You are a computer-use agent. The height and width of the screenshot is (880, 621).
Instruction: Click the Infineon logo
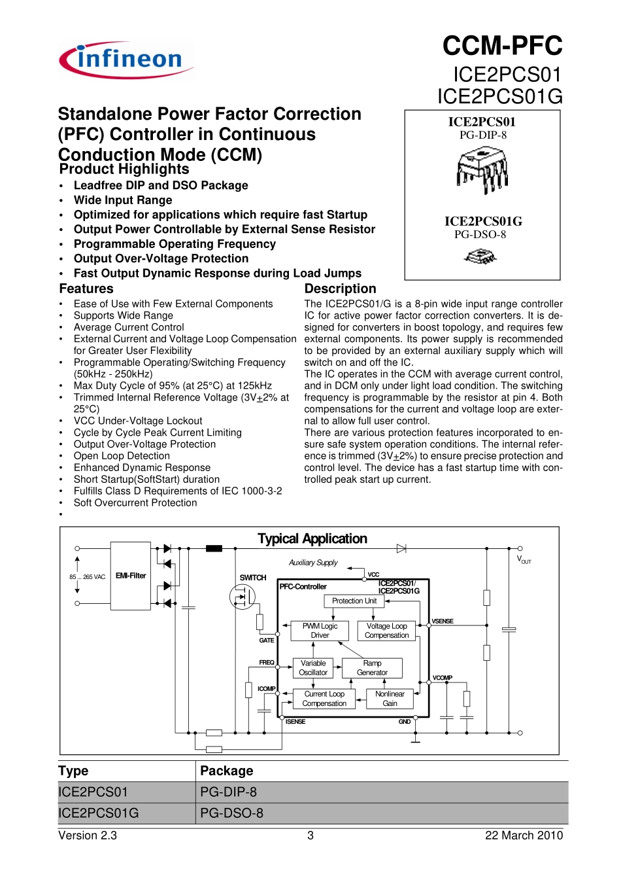click(x=126, y=60)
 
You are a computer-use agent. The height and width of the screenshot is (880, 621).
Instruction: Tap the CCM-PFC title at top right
click(x=502, y=46)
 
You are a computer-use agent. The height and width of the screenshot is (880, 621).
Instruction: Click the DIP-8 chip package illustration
click(x=482, y=169)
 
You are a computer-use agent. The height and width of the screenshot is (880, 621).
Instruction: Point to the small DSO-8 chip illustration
click(x=480, y=256)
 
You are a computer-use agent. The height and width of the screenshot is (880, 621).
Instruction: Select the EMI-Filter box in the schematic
click(x=131, y=576)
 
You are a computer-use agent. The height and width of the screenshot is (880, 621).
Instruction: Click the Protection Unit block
click(x=354, y=601)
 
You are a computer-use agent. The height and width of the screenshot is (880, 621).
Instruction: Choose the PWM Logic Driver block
click(x=320, y=631)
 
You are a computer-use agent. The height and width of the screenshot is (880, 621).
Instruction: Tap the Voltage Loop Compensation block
click(x=386, y=631)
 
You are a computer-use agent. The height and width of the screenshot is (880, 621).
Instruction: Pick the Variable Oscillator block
click(x=313, y=668)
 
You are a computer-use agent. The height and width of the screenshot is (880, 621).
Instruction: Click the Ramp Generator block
click(x=372, y=668)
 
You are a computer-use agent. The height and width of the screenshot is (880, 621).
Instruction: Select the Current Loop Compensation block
click(x=324, y=699)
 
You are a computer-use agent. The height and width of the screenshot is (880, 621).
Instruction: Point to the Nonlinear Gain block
click(x=390, y=699)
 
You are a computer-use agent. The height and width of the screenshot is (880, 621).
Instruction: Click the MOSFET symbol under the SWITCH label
click(x=243, y=596)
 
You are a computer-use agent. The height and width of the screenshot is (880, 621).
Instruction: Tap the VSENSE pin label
click(x=443, y=621)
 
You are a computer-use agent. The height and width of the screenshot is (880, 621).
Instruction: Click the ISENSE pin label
click(x=295, y=722)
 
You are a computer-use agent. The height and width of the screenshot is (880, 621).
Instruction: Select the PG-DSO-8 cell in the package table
click(x=232, y=813)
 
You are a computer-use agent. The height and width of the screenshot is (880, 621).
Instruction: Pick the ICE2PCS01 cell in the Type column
click(x=93, y=792)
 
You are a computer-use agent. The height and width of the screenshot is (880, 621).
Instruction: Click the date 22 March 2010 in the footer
click(x=524, y=836)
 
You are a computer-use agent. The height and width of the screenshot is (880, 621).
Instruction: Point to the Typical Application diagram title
click(x=312, y=538)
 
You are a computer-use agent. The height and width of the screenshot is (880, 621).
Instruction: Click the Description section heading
click(x=340, y=289)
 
